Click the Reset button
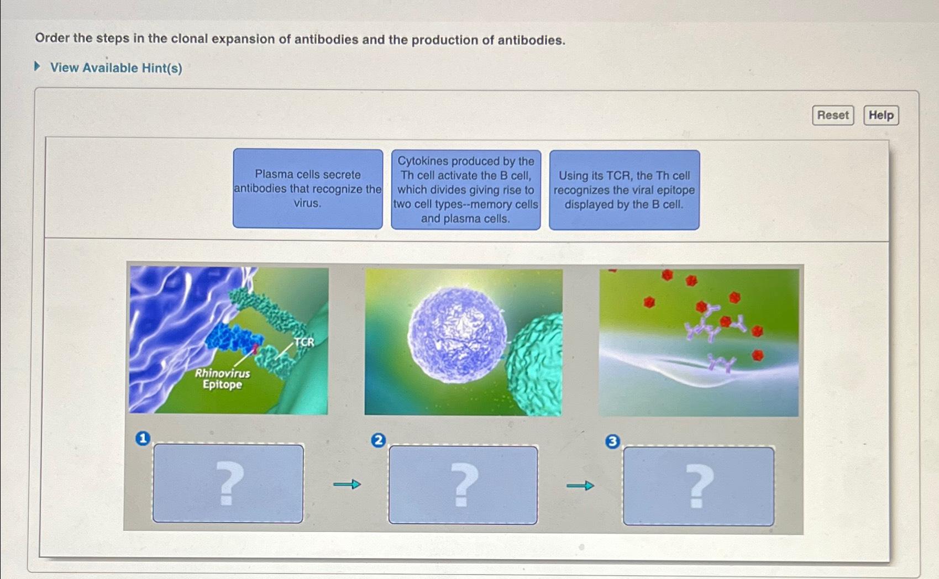(832, 115)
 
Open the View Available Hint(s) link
(116, 68)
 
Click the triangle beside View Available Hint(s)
(38, 67)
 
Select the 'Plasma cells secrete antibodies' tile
(307, 189)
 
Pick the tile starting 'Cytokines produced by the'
(465, 190)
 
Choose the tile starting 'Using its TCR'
(624, 190)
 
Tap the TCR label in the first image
(304, 342)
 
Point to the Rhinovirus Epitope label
(222, 379)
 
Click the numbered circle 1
(143, 439)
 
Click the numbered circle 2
(378, 440)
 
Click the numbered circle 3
(612, 441)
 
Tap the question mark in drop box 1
(228, 484)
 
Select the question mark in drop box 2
(463, 485)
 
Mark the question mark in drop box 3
(699, 486)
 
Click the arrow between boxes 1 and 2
(347, 485)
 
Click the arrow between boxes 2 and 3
(580, 486)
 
